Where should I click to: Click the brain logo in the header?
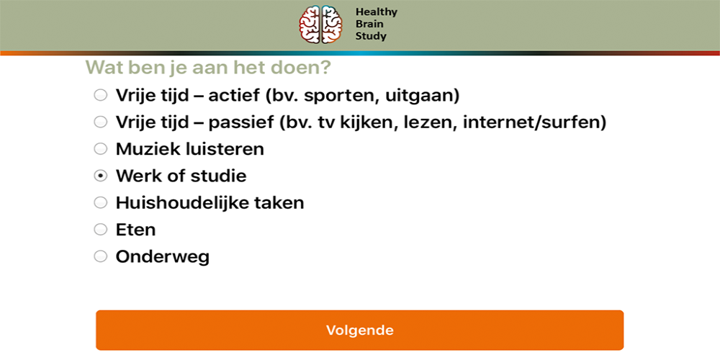click(320, 24)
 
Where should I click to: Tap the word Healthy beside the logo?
click(376, 12)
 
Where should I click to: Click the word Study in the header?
click(371, 36)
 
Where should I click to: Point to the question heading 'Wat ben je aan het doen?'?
click(208, 68)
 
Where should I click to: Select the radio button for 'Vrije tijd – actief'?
click(100, 96)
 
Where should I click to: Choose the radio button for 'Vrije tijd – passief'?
click(100, 122)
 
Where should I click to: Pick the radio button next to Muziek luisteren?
click(100, 149)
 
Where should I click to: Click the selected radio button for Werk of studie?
click(100, 176)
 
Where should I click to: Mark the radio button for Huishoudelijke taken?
click(100, 202)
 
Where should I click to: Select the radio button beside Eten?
click(100, 229)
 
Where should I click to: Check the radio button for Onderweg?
click(100, 256)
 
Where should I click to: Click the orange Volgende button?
click(359, 330)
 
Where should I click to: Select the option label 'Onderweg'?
click(163, 257)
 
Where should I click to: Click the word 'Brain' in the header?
click(369, 24)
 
